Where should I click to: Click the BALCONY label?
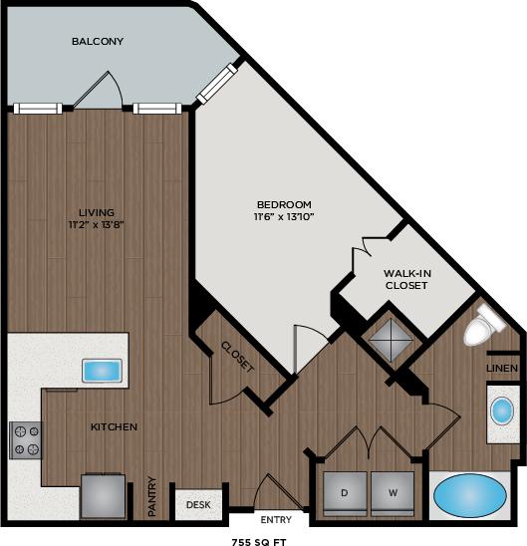point(97,41)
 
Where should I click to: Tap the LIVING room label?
point(97,211)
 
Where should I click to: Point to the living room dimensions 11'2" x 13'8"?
point(97,224)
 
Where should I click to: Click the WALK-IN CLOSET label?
point(405,278)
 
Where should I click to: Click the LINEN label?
point(501,369)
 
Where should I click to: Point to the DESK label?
point(197,504)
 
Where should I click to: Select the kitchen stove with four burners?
point(26,439)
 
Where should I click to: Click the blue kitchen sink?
point(102,371)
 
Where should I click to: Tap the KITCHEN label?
point(114,426)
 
